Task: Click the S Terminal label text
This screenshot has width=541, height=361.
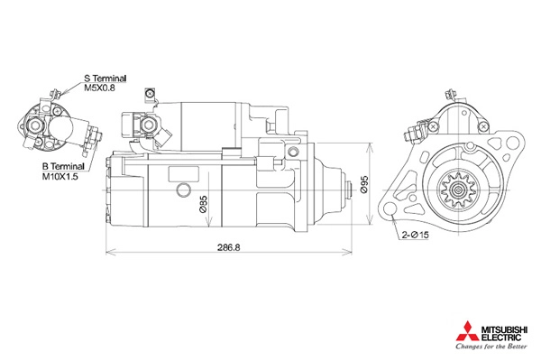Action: [105, 79]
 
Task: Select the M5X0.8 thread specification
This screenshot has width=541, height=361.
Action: [100, 88]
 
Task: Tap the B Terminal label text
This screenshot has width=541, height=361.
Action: [63, 166]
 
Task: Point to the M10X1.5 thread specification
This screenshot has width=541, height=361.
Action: [60, 177]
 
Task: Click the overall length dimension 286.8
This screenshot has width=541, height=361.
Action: [228, 247]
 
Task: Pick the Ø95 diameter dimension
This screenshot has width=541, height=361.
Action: [364, 184]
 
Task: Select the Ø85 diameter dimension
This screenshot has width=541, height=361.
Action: [204, 204]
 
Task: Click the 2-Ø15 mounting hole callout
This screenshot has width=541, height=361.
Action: [415, 236]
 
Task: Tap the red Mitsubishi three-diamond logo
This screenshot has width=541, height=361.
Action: [467, 331]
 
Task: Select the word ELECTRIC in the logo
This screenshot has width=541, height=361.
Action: [501, 337]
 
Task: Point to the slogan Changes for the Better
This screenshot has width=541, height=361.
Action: [491, 347]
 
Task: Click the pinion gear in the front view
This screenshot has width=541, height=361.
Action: [459, 190]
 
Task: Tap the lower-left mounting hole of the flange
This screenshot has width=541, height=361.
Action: [390, 208]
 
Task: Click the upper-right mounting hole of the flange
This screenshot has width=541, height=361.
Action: [512, 143]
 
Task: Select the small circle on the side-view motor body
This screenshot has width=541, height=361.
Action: [183, 190]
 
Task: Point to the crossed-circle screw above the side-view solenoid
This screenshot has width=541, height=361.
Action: [150, 93]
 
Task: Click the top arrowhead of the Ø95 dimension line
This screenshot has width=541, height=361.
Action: [370, 146]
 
